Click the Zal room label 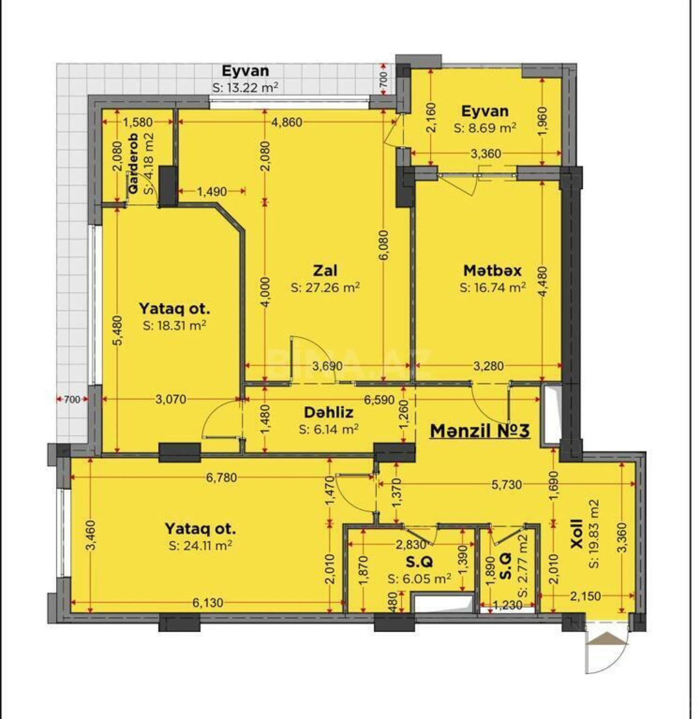325,271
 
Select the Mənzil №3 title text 480,431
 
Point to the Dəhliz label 328,412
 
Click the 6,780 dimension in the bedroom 221,478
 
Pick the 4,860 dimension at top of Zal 287,122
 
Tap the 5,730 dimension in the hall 507,484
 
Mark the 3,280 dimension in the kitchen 488,366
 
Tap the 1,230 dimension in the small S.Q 508,605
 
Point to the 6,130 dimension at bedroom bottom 208,603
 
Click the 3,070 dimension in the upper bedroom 170,399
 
